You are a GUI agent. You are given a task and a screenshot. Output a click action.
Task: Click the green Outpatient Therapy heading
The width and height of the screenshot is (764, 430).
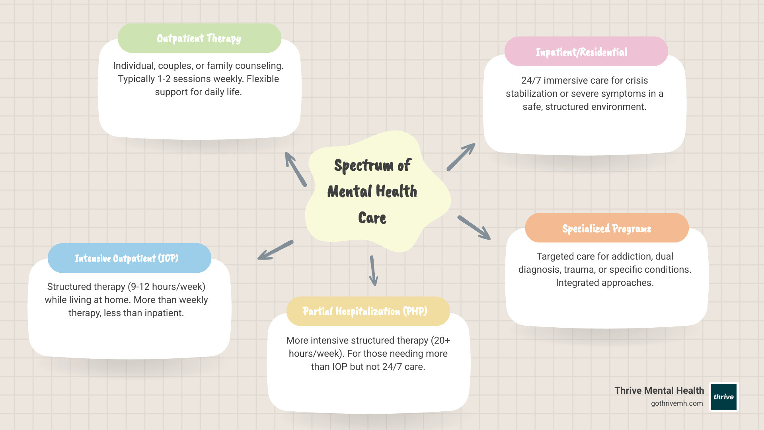click(x=199, y=38)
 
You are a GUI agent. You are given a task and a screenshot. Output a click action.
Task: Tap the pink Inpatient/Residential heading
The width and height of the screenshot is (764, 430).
click(x=581, y=52)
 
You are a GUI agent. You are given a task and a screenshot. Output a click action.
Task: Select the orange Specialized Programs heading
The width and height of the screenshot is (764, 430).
click(x=606, y=228)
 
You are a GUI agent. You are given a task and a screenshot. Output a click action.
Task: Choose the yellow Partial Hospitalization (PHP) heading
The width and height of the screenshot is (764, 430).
click(x=365, y=311)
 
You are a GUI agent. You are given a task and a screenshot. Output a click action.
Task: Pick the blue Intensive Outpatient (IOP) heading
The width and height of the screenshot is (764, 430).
click(x=127, y=258)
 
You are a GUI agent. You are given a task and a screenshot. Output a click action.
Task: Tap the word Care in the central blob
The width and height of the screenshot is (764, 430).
click(x=372, y=218)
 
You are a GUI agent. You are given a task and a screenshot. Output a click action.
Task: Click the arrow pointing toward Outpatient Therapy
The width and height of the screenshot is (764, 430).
click(x=296, y=169)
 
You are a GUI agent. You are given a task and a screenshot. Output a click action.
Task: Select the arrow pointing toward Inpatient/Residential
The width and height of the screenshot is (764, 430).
click(x=461, y=157)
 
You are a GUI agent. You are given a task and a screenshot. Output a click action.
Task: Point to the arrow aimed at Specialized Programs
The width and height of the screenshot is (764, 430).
click(x=474, y=227)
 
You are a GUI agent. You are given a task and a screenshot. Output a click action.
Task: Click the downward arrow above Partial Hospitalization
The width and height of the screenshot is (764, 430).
click(x=373, y=271)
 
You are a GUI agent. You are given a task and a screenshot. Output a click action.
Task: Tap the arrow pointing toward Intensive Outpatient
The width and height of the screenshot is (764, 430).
click(x=275, y=250)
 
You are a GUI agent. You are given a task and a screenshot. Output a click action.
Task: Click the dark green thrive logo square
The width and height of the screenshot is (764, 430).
click(x=723, y=397)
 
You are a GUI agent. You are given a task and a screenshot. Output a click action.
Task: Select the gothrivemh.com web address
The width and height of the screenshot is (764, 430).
click(x=676, y=403)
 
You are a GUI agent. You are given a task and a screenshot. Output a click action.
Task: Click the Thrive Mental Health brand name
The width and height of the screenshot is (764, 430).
click(x=659, y=391)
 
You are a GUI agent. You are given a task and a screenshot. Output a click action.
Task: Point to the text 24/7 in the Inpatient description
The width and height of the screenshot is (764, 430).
click(x=531, y=80)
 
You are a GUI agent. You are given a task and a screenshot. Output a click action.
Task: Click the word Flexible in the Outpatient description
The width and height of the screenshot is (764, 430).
click(x=263, y=79)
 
